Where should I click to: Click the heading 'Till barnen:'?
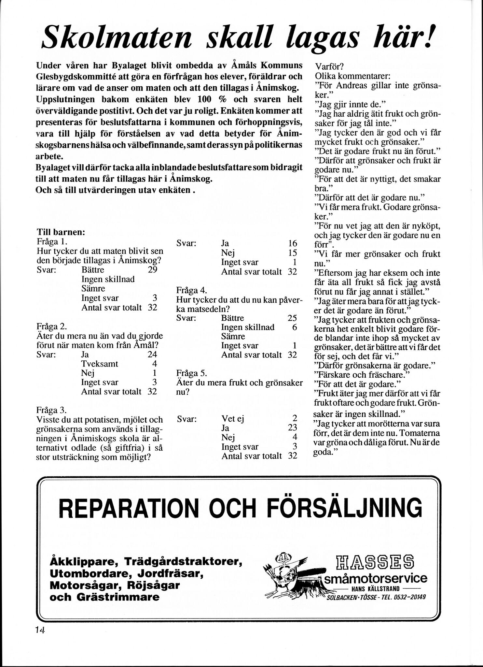(61, 232)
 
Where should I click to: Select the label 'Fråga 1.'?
(52, 242)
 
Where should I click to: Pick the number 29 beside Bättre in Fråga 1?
(153, 270)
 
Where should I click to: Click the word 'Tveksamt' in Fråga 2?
(100, 364)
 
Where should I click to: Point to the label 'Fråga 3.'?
(52, 410)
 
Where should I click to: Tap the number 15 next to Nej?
(293, 253)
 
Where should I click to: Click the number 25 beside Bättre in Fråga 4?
(293, 318)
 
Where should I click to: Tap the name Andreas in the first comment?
(351, 86)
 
